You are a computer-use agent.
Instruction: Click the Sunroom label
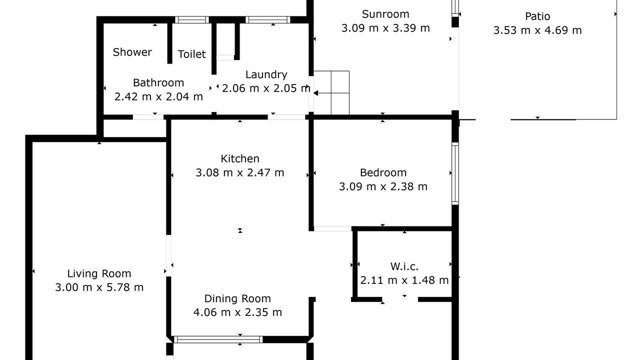(385, 14)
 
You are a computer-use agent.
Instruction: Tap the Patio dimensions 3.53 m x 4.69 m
(537, 30)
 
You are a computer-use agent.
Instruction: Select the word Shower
(132, 52)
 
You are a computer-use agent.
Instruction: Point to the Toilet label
(191, 54)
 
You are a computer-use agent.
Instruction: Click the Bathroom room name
(158, 83)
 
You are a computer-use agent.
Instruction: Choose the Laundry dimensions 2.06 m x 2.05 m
(266, 88)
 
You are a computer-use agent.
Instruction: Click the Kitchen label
(240, 159)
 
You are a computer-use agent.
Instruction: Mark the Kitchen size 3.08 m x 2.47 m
(240, 173)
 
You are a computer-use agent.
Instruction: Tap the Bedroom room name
(383, 173)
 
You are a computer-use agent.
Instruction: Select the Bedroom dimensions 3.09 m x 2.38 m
(383, 187)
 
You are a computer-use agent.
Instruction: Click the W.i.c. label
(404, 266)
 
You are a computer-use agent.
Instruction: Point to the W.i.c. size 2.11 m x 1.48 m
(404, 280)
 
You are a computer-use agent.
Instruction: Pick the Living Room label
(99, 273)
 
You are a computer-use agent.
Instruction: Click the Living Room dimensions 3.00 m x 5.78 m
(99, 287)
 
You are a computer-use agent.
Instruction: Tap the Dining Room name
(237, 299)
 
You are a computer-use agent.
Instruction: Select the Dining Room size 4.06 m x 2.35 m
(237, 312)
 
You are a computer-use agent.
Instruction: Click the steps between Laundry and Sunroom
(331, 93)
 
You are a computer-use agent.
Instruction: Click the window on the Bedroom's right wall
(455, 173)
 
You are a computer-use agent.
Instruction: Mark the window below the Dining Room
(218, 339)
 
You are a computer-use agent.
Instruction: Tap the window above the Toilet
(191, 19)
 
